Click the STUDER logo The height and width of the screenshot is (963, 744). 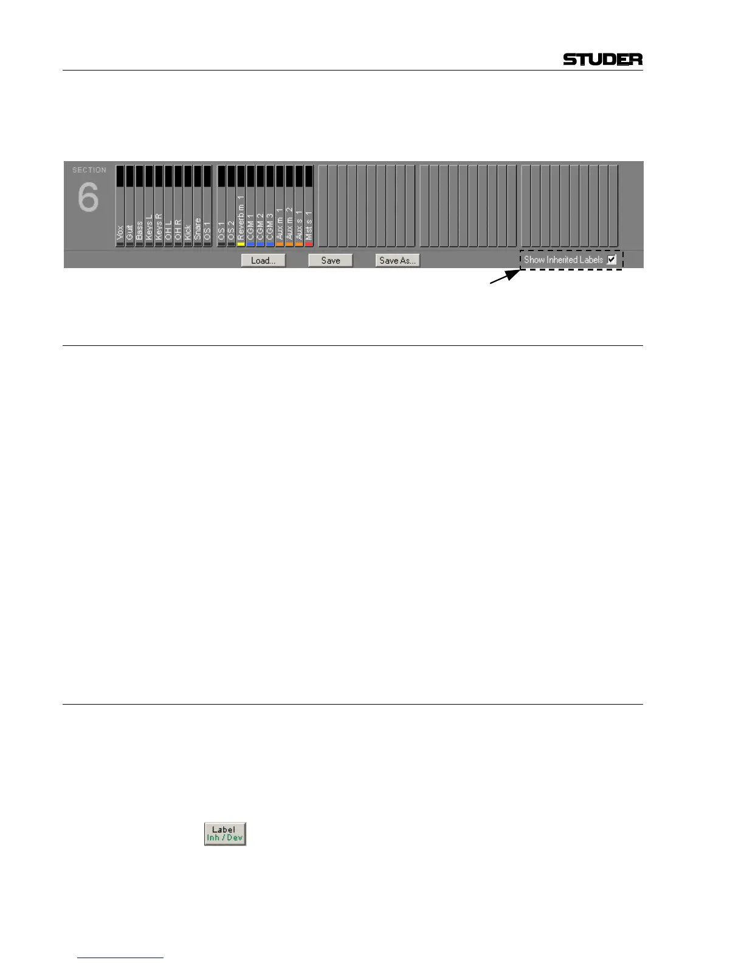click(602, 59)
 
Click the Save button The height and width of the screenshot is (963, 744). click(331, 260)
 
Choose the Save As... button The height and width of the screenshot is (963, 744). click(398, 260)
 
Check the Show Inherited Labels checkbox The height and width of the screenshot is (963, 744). click(611, 260)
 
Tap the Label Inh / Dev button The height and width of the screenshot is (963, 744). click(225, 834)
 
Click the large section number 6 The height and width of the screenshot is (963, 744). click(88, 198)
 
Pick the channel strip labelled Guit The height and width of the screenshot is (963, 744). click(129, 231)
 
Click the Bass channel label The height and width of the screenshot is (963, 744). click(139, 230)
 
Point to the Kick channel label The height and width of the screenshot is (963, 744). click(188, 231)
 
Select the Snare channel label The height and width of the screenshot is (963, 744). click(198, 229)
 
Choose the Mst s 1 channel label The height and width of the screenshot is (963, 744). click(309, 225)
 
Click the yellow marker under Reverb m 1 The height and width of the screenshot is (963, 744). click(241, 244)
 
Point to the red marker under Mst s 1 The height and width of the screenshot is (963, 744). click(309, 244)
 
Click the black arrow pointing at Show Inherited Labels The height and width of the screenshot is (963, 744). click(504, 277)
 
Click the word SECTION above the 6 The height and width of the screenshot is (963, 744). click(89, 170)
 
